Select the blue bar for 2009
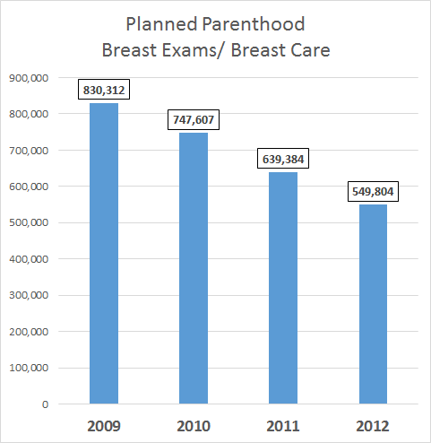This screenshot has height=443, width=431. point(104,254)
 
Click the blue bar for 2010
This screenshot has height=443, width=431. point(194,268)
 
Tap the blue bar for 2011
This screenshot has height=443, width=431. point(283,288)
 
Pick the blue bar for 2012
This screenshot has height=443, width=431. point(373,304)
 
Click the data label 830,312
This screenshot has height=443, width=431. point(104,90)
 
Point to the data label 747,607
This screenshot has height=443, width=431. point(194,119)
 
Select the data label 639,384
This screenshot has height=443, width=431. point(283,159)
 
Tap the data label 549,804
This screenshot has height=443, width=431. point(373,191)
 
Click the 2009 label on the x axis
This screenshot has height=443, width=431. point(104,426)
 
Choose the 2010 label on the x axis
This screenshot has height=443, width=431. point(194,426)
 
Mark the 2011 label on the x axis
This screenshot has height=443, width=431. point(283,426)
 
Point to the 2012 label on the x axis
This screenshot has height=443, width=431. point(373,426)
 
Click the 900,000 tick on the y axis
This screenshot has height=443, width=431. point(29,78)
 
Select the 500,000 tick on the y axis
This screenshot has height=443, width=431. point(29,223)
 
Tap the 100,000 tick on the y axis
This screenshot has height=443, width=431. point(29,368)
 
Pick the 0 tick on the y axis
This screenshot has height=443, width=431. point(45,404)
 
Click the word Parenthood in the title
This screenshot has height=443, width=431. point(254,24)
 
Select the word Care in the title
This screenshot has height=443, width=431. point(310,50)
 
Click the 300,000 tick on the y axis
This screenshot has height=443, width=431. point(29,296)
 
